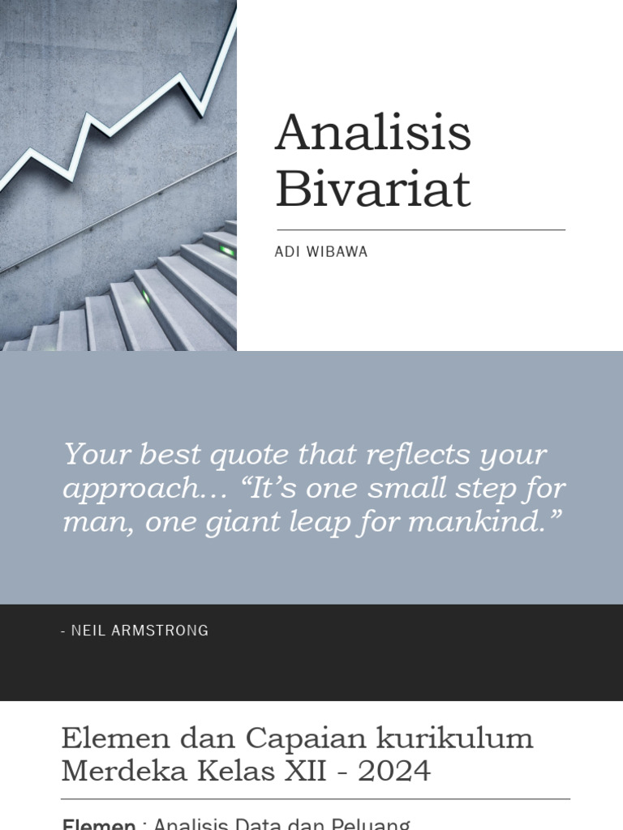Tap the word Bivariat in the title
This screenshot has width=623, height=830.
(372, 189)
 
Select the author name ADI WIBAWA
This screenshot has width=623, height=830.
(321, 252)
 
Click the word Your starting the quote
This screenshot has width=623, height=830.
(97, 455)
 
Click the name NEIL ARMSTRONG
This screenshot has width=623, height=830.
(140, 631)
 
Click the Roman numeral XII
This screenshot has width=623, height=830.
(305, 771)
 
